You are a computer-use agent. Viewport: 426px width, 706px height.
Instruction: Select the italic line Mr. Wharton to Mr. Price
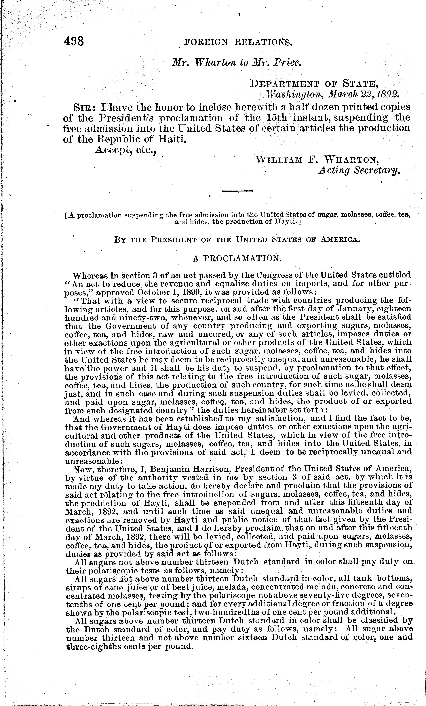(236, 63)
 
